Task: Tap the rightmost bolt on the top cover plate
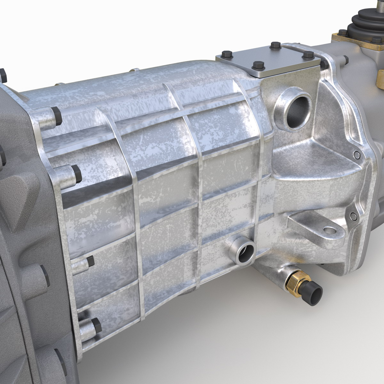(308, 55)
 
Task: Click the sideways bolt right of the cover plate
(344, 59)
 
